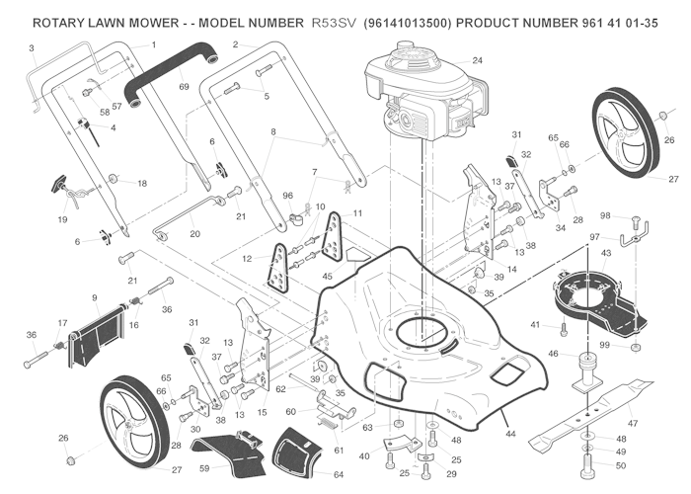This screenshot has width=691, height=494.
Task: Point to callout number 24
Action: tap(477, 61)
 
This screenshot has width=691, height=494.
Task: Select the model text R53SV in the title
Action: tap(333, 21)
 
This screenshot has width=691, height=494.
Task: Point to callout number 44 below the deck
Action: tap(510, 434)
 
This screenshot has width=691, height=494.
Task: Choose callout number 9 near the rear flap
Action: tap(95, 297)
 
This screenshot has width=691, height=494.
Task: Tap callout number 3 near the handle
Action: tap(31, 47)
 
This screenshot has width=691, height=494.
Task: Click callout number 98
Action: tap(607, 215)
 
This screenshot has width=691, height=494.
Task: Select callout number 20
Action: tap(194, 234)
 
